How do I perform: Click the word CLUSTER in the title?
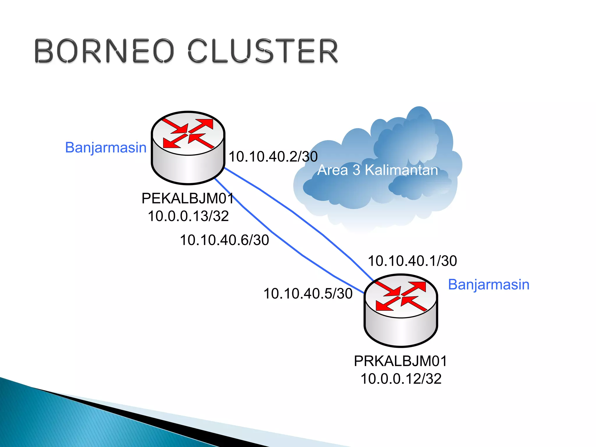click(x=263, y=51)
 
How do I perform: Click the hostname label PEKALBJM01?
click(x=188, y=199)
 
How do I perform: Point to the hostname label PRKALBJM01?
click(x=400, y=361)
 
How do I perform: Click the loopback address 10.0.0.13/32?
click(x=188, y=216)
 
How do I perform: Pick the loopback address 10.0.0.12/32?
click(x=401, y=379)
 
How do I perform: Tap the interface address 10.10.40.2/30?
click(x=273, y=157)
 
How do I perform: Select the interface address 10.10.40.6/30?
click(x=224, y=240)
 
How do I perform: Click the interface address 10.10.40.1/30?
click(x=412, y=261)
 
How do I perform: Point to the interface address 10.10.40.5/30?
click(x=308, y=293)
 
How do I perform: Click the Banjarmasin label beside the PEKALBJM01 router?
click(x=106, y=148)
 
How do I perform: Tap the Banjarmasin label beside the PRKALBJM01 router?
click(x=489, y=285)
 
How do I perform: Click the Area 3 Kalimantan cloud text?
click(x=377, y=170)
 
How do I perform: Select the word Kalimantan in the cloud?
click(x=401, y=170)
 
